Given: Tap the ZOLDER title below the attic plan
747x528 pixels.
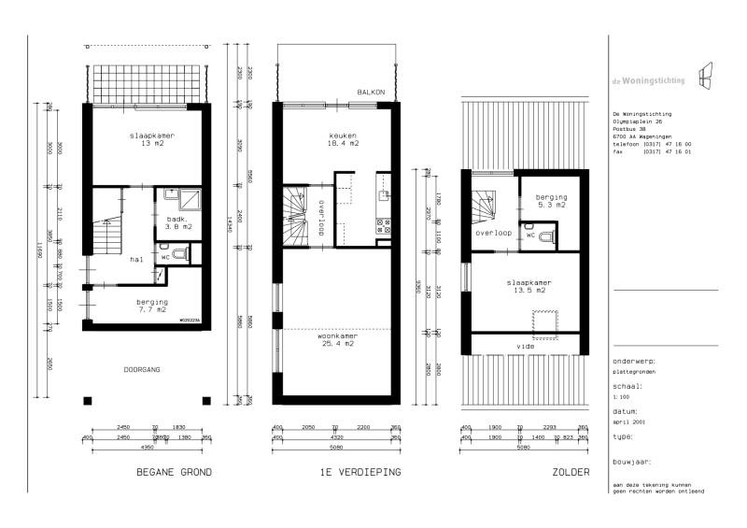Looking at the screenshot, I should tap(571, 473).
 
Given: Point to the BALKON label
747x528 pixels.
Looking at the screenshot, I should tap(372, 92).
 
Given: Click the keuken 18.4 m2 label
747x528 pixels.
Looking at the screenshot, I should tap(337, 139).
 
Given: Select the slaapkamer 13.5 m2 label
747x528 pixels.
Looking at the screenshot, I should tap(529, 286).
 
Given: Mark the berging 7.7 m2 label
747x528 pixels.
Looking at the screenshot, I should tap(152, 307).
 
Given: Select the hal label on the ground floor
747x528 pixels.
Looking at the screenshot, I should tap(136, 260).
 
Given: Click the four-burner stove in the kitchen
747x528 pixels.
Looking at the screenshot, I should tap(382, 225).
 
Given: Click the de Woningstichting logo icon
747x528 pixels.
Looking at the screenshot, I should tap(707, 74).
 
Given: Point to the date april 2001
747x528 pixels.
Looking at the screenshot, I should tap(627, 421).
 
